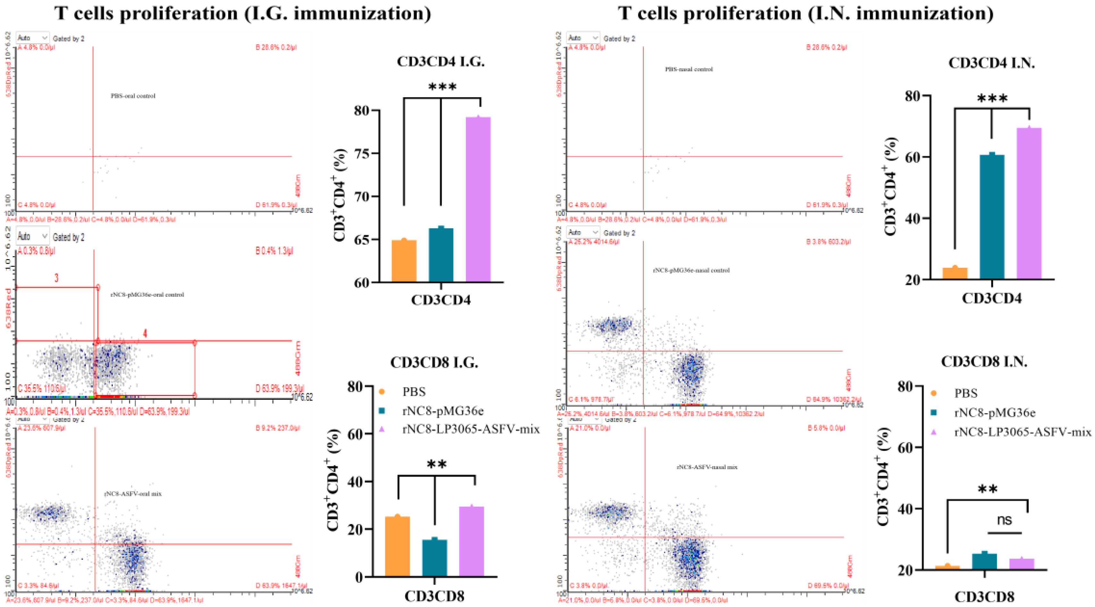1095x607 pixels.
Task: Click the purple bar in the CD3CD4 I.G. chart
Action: [478, 200]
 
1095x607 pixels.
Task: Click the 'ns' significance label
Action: [1005, 520]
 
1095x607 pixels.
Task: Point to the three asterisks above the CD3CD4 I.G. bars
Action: [442, 88]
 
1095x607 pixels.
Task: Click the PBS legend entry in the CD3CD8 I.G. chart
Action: [413, 392]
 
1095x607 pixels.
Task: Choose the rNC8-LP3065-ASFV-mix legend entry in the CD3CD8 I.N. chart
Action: [1022, 432]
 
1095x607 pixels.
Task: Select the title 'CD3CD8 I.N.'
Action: [984, 361]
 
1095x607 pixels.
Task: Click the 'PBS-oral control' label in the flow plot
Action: [133, 96]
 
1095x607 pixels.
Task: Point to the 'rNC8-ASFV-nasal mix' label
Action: [707, 467]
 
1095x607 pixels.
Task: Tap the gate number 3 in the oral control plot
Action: [56, 278]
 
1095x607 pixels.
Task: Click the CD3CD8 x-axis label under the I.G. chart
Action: [434, 596]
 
